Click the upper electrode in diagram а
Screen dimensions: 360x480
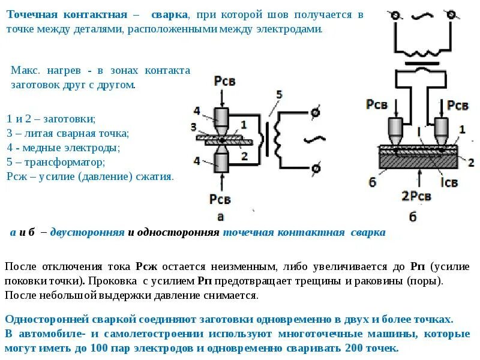[x=221, y=118]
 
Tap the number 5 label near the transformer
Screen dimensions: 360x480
[x=278, y=95]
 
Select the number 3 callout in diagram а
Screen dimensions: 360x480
[x=193, y=127]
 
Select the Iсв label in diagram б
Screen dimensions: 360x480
[x=448, y=181]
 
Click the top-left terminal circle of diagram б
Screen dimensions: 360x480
[x=395, y=16]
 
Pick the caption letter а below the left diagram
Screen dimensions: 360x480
[x=220, y=217]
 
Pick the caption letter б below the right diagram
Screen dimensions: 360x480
[x=413, y=217]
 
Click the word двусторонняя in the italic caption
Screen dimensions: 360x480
[x=87, y=232]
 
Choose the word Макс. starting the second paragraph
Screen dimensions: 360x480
[x=25, y=70]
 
